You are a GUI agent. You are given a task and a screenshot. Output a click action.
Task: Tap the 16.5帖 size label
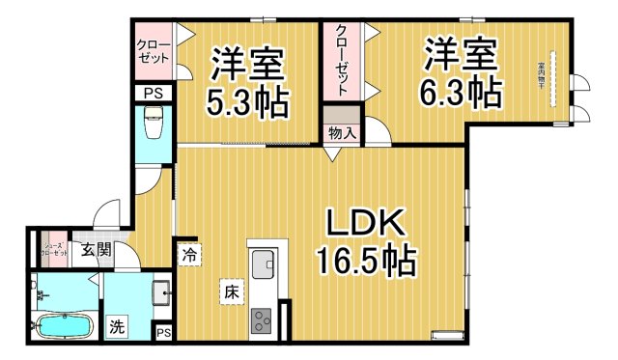365,261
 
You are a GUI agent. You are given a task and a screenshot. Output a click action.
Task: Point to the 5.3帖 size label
248,100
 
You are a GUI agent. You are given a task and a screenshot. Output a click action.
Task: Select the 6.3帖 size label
462,92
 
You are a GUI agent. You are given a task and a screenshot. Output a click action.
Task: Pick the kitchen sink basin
263,262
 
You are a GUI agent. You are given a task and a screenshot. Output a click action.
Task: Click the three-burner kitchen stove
263,320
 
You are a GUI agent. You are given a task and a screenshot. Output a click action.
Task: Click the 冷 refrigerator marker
189,256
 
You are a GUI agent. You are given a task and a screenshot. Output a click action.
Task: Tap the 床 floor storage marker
233,291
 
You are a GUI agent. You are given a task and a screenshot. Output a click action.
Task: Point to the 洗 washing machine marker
116,326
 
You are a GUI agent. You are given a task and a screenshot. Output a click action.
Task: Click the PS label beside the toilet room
153,93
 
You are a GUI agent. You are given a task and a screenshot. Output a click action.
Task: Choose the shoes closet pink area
54,251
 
